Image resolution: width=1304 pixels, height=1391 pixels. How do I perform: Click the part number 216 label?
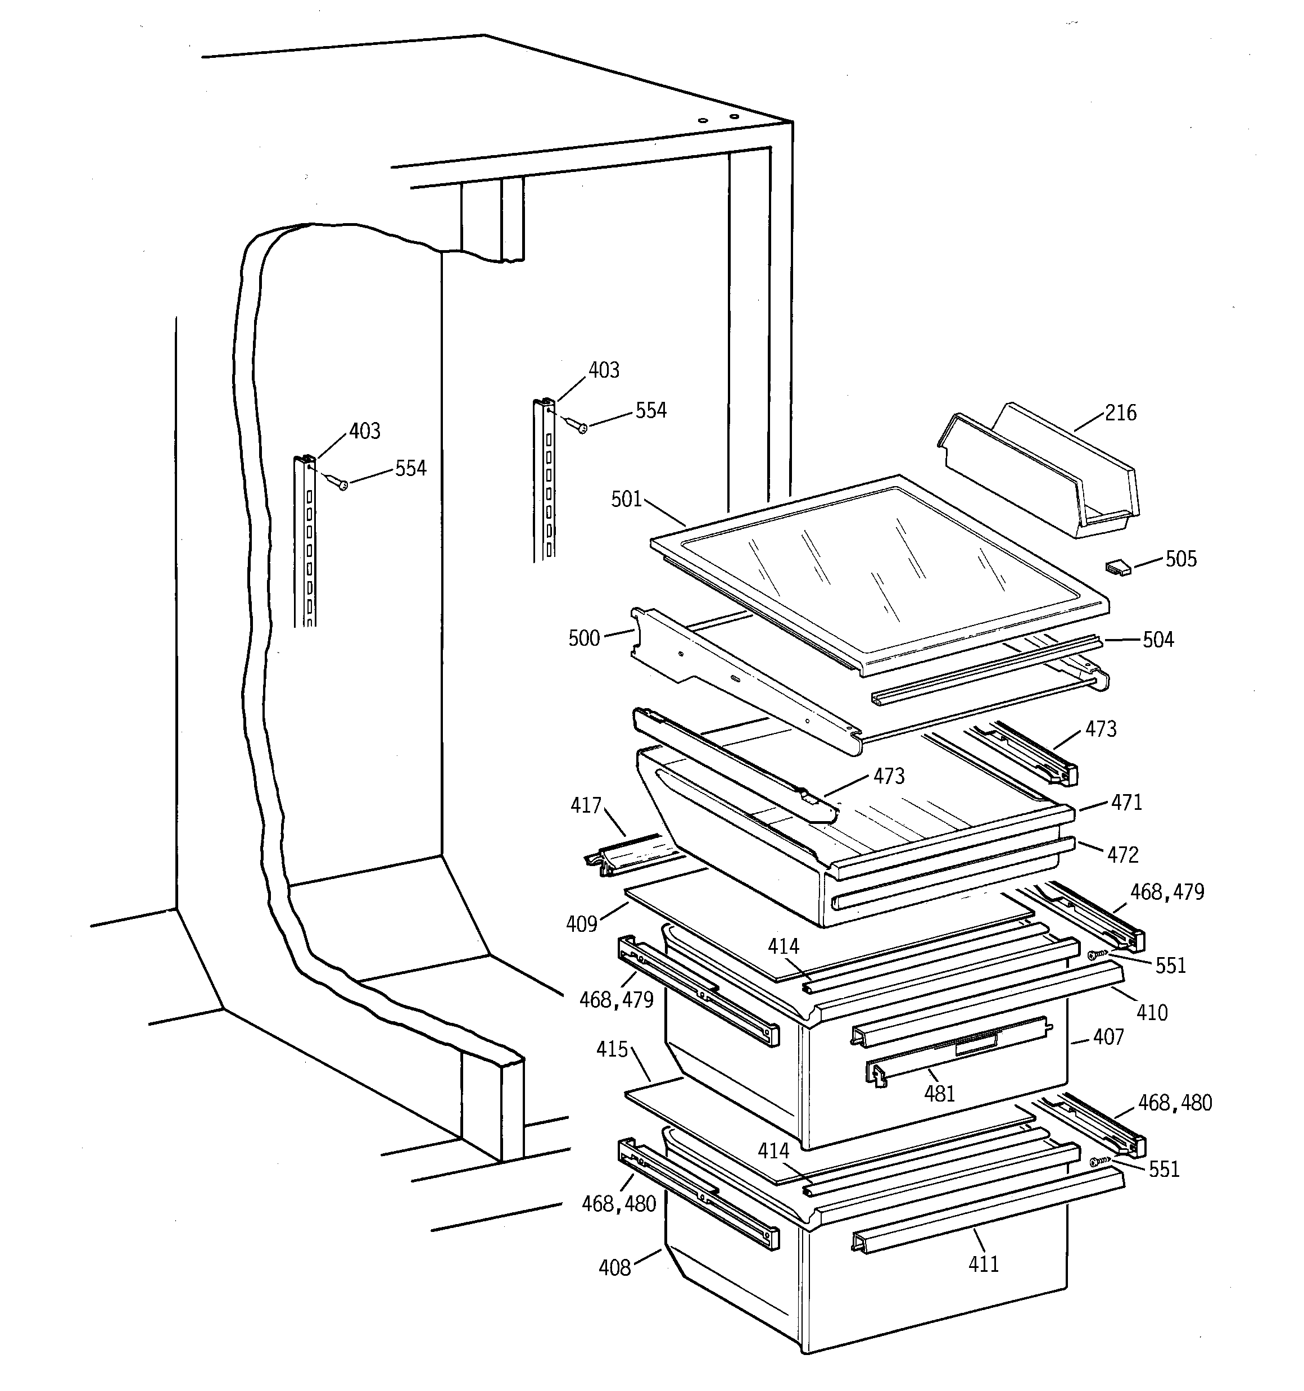(x=1121, y=413)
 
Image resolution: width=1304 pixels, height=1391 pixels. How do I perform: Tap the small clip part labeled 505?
(x=1117, y=567)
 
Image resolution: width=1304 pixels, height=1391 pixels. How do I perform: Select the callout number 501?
(x=627, y=499)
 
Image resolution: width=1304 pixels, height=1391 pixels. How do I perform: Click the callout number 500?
(x=584, y=638)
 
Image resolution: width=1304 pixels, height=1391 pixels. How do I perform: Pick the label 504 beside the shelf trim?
(x=1158, y=640)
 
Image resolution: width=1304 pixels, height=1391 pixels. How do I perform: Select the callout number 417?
(x=586, y=806)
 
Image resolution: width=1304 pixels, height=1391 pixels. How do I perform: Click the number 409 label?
(x=582, y=925)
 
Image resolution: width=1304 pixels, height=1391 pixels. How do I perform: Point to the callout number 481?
(x=939, y=1094)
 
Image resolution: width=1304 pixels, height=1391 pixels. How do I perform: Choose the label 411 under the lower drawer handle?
(x=984, y=1263)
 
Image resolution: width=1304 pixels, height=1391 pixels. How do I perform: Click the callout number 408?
(x=614, y=1268)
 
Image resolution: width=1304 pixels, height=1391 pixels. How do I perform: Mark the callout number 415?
(x=612, y=1049)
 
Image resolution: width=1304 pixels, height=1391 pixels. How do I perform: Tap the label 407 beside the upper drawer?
(x=1108, y=1037)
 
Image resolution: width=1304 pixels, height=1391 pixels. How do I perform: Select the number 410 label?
(x=1152, y=1012)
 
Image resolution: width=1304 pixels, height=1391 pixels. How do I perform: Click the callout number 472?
(x=1122, y=854)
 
